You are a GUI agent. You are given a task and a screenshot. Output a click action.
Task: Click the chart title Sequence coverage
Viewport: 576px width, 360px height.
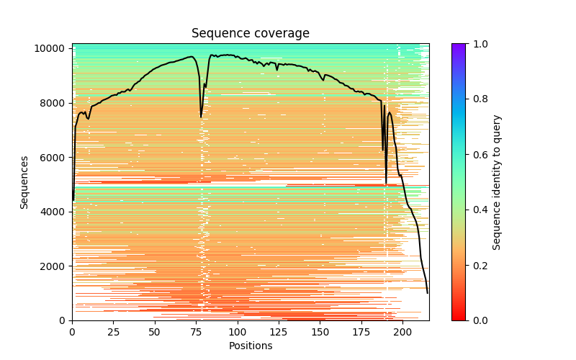(250, 34)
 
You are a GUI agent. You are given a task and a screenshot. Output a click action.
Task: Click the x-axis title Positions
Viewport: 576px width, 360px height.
(250, 346)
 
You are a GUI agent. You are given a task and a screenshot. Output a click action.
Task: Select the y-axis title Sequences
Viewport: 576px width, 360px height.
(24, 182)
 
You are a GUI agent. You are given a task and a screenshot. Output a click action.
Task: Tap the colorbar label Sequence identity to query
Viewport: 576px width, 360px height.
(497, 182)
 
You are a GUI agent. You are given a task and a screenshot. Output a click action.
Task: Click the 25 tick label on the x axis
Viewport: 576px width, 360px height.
(113, 332)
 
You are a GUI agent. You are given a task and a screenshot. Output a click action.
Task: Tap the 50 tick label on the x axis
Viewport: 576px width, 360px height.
(154, 332)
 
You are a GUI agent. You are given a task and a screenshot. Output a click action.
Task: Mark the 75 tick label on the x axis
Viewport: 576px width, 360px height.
(196, 332)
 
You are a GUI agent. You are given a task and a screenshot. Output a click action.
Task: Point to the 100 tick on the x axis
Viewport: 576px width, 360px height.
(237, 332)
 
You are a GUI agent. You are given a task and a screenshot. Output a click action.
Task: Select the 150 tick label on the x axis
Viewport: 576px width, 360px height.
(320, 332)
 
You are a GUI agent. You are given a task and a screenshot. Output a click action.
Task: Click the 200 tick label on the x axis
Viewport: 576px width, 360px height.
(402, 332)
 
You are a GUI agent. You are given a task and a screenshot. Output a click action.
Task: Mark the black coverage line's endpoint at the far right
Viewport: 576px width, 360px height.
(427, 293)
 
